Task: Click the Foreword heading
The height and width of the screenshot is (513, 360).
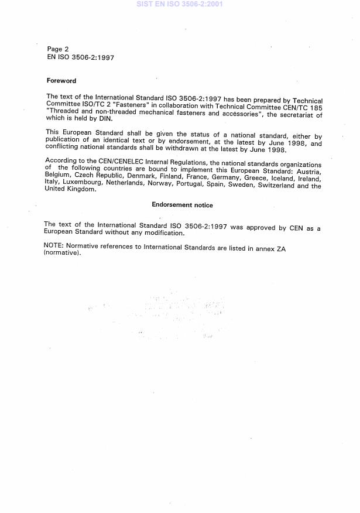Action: [61, 81]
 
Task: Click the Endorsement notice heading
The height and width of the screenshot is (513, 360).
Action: [182, 205]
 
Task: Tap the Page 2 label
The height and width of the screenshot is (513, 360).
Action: [58, 49]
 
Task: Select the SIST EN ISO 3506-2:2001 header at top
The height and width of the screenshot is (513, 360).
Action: [179, 4]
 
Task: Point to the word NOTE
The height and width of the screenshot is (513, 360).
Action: [54, 248]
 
